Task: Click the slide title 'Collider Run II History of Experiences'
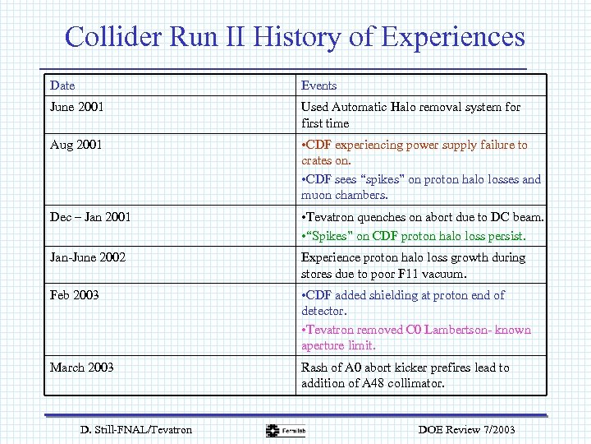(x=295, y=37)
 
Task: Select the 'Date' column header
(x=62, y=86)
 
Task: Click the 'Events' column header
(x=318, y=86)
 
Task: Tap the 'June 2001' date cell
(x=77, y=107)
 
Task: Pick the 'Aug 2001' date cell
(x=76, y=145)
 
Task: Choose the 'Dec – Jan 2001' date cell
(x=90, y=217)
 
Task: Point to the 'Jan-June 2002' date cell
(x=88, y=257)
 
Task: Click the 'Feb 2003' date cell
(x=74, y=295)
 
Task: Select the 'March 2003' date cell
(x=82, y=368)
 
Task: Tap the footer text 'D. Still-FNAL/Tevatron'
(x=136, y=429)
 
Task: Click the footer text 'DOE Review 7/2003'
(x=466, y=429)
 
